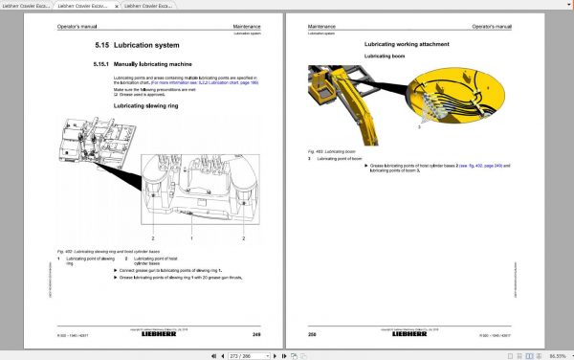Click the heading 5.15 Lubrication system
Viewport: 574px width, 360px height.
(x=141, y=45)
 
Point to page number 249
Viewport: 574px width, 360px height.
(x=256, y=334)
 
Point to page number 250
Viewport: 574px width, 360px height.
(x=312, y=334)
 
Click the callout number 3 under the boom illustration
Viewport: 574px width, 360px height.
(x=417, y=124)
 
